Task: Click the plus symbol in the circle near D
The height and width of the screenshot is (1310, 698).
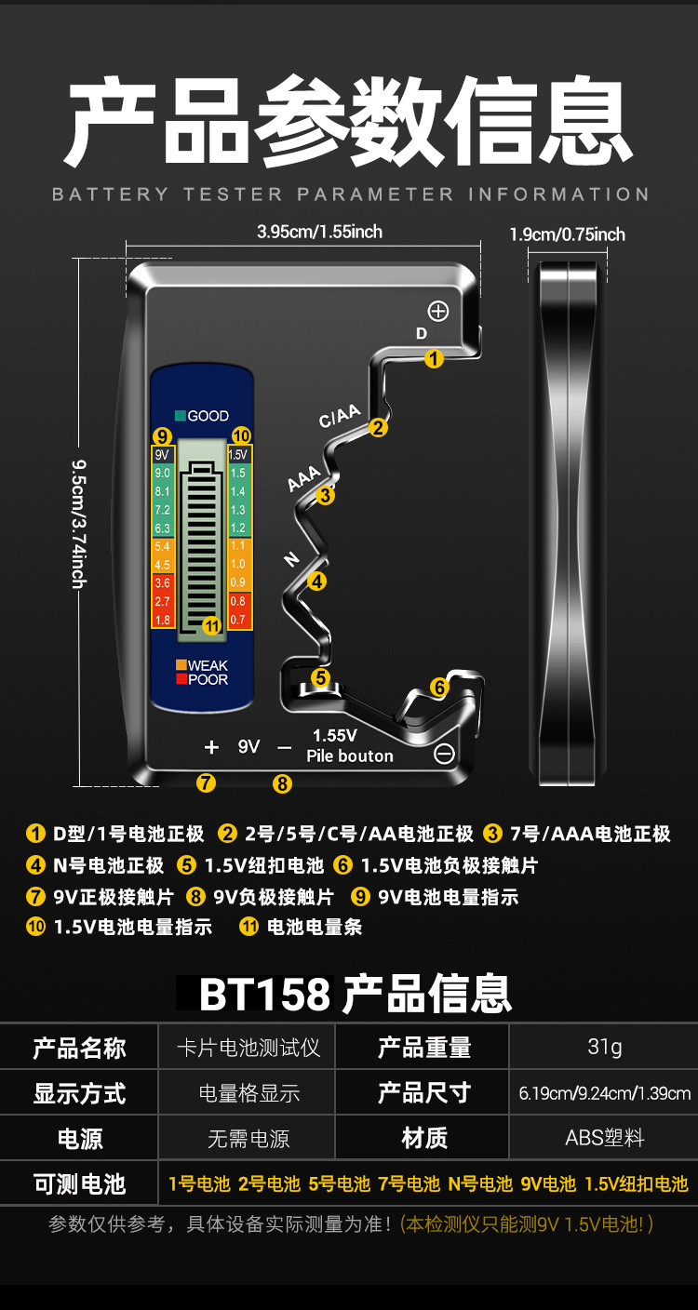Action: tap(437, 312)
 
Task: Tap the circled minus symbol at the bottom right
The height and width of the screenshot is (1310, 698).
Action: tap(445, 754)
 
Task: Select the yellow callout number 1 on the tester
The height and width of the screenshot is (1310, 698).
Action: tap(434, 358)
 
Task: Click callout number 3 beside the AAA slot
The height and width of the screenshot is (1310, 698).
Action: tap(325, 495)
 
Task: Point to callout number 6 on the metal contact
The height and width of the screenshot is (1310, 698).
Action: tap(439, 688)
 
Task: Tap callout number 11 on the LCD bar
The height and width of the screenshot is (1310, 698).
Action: tap(212, 626)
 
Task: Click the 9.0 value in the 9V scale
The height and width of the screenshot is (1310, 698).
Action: tap(162, 474)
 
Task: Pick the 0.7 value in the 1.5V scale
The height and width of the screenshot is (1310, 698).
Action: tap(238, 620)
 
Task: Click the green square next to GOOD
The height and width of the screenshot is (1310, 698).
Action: tap(181, 416)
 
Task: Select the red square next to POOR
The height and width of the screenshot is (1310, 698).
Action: tap(181, 679)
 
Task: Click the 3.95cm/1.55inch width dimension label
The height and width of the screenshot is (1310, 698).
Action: tap(319, 232)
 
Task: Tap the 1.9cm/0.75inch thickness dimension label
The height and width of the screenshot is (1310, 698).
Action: tap(567, 234)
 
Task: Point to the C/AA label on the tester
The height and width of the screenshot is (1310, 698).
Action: tap(339, 417)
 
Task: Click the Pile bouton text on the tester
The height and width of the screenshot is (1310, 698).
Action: tap(350, 755)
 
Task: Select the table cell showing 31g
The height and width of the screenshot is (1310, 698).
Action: tap(604, 1047)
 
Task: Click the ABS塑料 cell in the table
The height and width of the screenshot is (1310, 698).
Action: tap(604, 1138)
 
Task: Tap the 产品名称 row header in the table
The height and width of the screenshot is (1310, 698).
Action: tap(79, 1048)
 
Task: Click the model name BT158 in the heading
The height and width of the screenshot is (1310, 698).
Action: tap(265, 995)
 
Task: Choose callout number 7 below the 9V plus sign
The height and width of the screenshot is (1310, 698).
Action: tap(207, 783)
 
